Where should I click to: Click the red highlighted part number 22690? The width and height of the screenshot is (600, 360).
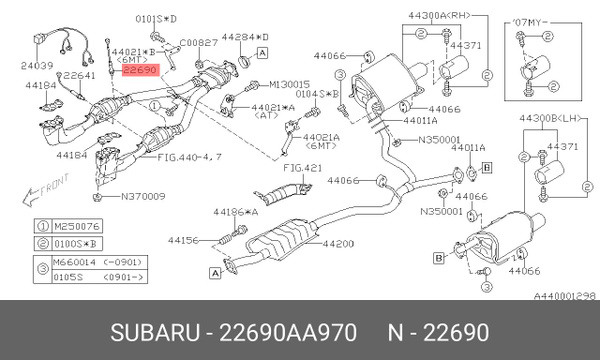[x=140, y=71]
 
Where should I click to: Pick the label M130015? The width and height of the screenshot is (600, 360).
[x=290, y=85]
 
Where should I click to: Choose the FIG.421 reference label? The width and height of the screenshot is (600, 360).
[x=296, y=170]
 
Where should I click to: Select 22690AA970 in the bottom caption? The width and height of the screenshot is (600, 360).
[x=283, y=329]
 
